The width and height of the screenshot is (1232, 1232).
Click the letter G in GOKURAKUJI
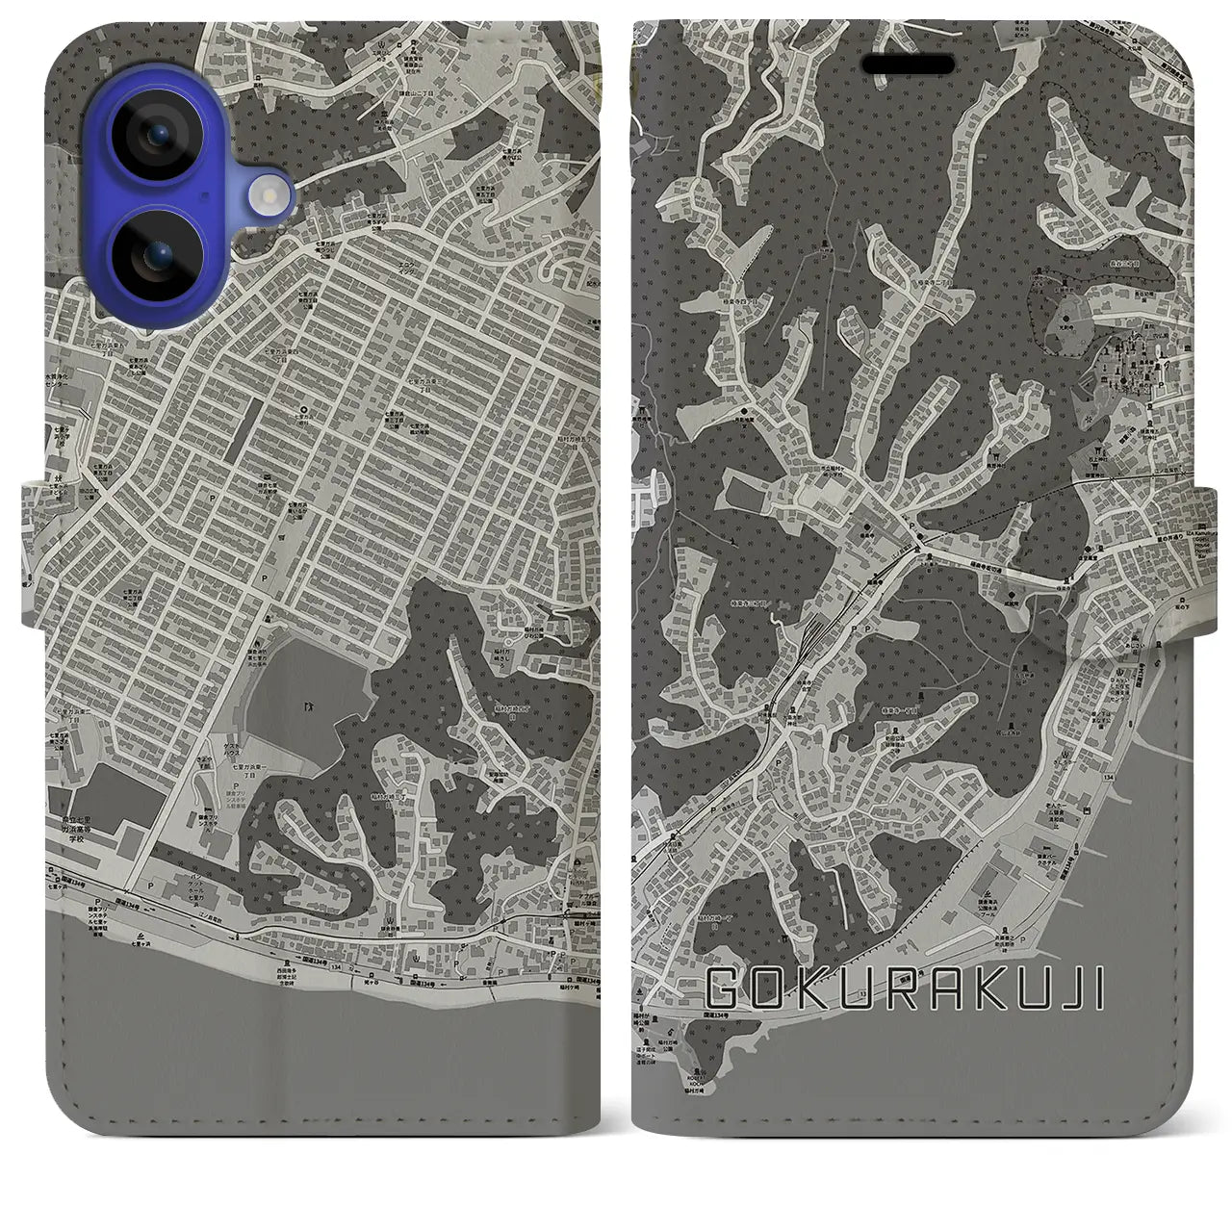724,989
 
